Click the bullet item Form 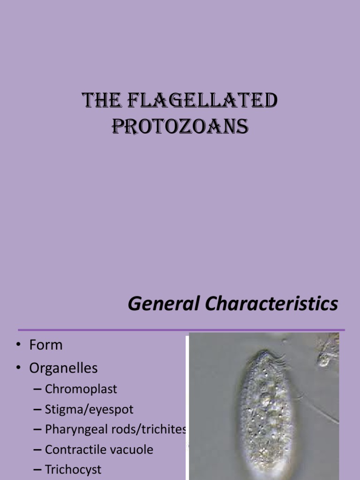click(x=45, y=345)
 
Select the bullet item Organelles click(x=63, y=368)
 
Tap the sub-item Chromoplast click(x=81, y=389)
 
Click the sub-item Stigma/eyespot click(x=89, y=409)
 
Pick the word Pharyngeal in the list click(x=74, y=429)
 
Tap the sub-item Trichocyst click(x=73, y=469)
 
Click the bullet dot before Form click(x=19, y=346)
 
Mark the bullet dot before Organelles click(x=19, y=369)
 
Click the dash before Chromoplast click(x=37, y=390)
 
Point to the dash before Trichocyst click(x=37, y=470)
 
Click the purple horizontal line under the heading click(x=181, y=330)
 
